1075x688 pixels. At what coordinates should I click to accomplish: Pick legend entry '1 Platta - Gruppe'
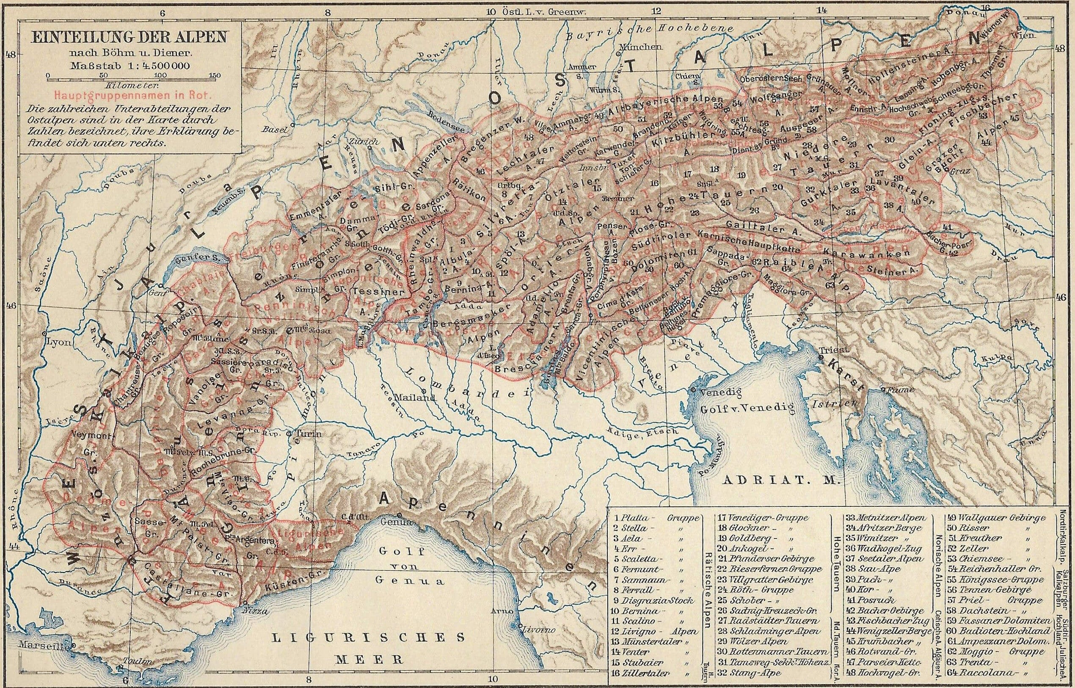point(656,518)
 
